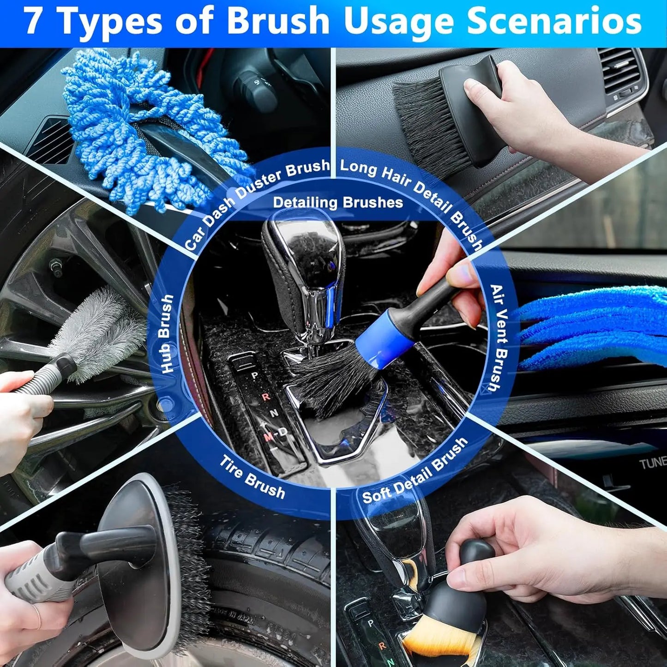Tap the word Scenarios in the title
click(x=554, y=21)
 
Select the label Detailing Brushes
click(x=338, y=203)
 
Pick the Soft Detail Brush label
click(x=415, y=471)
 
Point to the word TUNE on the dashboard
click(x=652, y=462)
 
